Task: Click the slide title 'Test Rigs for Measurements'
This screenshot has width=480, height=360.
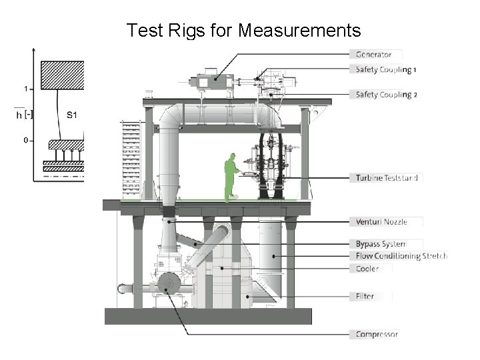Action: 243,30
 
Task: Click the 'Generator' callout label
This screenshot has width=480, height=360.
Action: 373,55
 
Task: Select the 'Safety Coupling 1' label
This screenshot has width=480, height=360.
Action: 386,69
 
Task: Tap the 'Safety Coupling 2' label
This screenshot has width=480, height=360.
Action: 387,95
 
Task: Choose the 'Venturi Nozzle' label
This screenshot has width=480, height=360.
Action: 381,222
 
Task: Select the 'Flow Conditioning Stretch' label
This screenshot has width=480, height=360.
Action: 401,256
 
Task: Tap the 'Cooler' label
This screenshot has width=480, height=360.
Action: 367,269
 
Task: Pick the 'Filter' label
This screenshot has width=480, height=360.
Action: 365,296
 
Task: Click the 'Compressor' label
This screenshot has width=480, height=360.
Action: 377,333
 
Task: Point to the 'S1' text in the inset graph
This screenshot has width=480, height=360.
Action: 73,115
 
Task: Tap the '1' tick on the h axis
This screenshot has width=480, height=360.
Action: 25,89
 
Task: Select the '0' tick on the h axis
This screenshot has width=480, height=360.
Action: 25,141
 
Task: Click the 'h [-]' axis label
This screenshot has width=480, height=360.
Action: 24,115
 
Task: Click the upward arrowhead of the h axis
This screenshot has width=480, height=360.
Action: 33,49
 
